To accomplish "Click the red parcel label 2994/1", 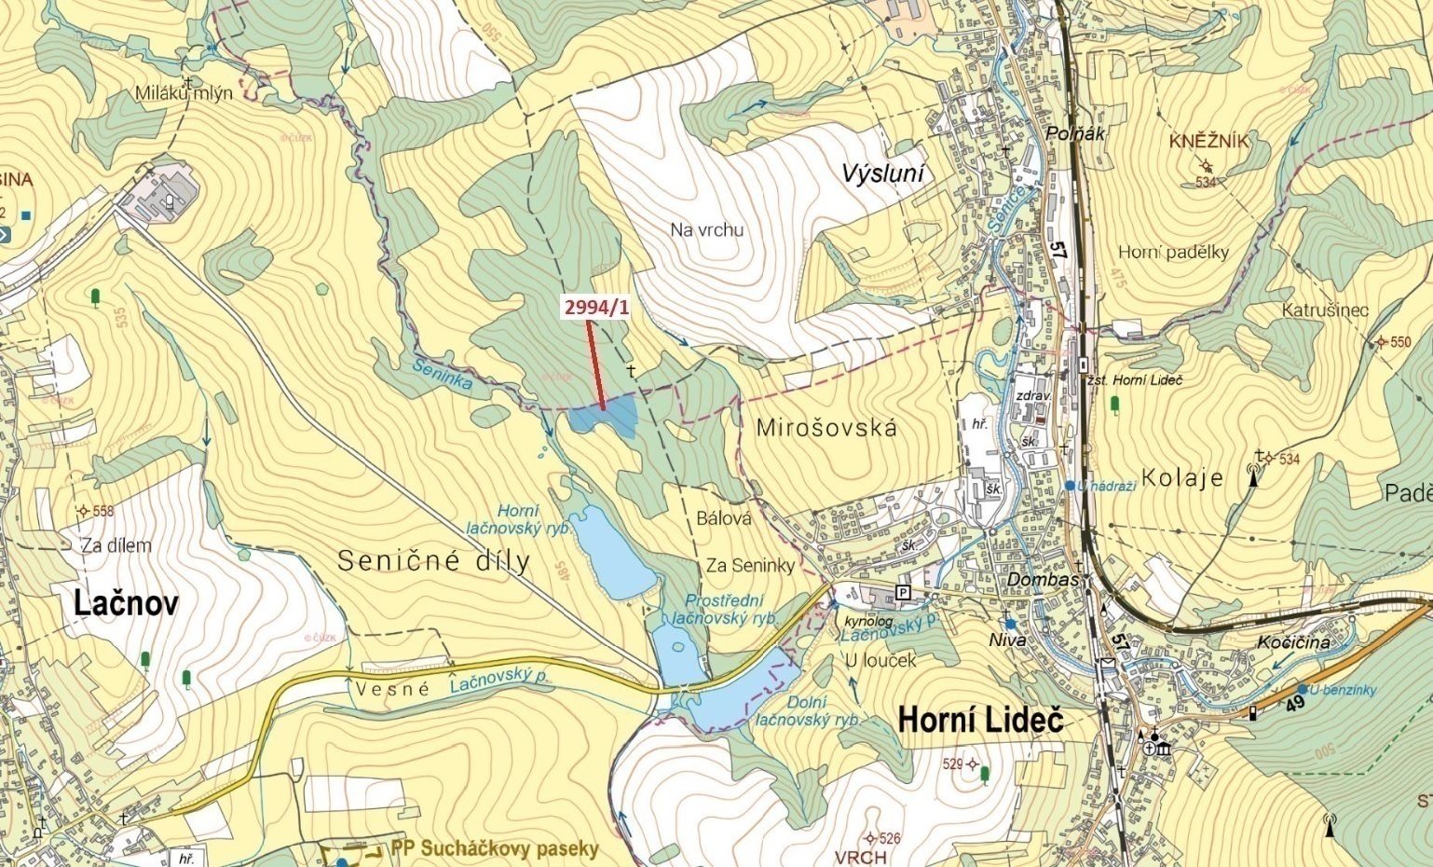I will pyautogui.click(x=594, y=308).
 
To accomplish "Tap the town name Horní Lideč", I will pyautogui.click(x=980, y=720).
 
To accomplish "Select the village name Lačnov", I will pyautogui.click(x=126, y=603).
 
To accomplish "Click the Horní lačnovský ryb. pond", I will pyautogui.click(x=607, y=555).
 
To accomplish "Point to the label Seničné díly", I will pyautogui.click(x=433, y=560).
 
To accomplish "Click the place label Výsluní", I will pyautogui.click(x=882, y=172).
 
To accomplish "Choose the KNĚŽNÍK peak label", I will pyautogui.click(x=1208, y=141).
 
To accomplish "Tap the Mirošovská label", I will pyautogui.click(x=826, y=428).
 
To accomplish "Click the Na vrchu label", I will pyautogui.click(x=706, y=229).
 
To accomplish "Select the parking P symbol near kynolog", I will pyautogui.click(x=902, y=592).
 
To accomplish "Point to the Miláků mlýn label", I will pyautogui.click(x=184, y=93).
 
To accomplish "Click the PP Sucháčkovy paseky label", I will pyautogui.click(x=494, y=848).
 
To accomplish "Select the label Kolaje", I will pyautogui.click(x=1181, y=478).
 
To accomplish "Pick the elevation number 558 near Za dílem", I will pyautogui.click(x=102, y=511).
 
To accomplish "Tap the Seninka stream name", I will pyautogui.click(x=442, y=374).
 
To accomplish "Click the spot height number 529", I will pyautogui.click(x=952, y=764).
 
